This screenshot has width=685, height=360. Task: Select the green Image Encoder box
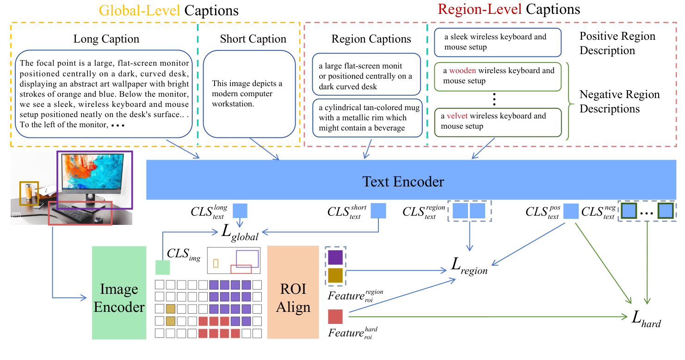(119, 298)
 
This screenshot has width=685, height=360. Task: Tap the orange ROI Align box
(293, 298)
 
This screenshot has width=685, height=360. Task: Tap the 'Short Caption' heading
(253, 39)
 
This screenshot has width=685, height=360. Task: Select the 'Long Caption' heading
(106, 39)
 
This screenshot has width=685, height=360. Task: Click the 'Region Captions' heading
(371, 39)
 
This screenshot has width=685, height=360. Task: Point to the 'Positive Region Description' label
(617, 43)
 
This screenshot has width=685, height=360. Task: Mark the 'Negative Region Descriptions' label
(619, 102)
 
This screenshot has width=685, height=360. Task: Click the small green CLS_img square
(162, 267)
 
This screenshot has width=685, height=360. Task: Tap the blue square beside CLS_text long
(240, 211)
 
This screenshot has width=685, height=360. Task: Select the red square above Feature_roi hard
(335, 317)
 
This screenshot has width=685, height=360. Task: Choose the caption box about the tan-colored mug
(368, 118)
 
